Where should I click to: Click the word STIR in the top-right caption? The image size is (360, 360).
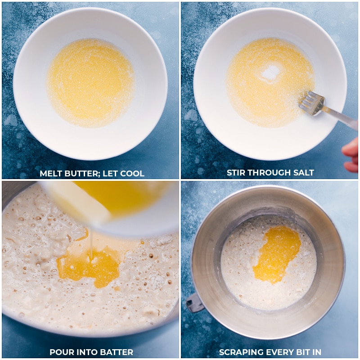[237, 173]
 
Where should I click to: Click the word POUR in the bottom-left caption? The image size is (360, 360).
[60, 352]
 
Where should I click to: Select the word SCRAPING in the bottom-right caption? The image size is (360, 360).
[239, 352]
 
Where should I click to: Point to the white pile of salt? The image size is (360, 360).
[270, 72]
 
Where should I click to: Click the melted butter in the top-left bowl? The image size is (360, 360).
[90, 81]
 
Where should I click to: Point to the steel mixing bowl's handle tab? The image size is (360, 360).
[195, 302]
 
